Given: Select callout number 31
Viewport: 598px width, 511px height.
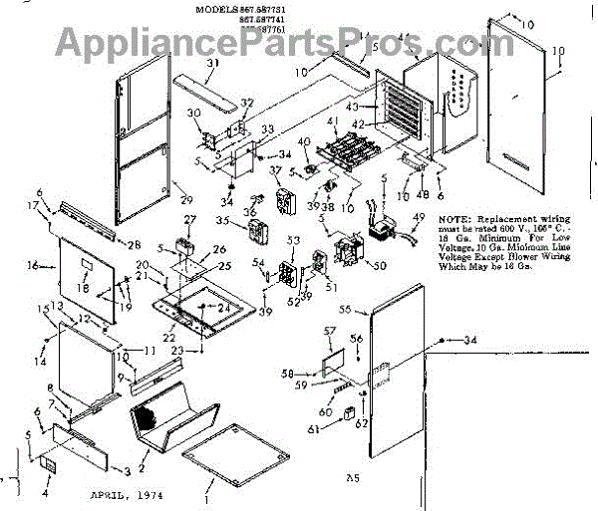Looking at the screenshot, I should point(211,63).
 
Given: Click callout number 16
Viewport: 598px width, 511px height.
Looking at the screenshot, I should point(33,267).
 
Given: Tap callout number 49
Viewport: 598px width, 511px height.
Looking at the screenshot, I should point(419,217).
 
